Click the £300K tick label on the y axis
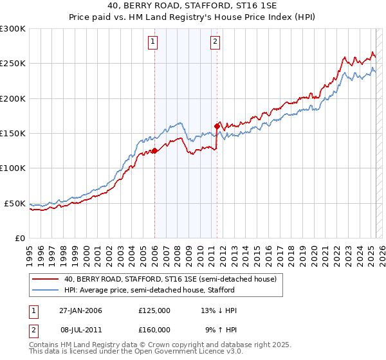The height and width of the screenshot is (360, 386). coord(13,29)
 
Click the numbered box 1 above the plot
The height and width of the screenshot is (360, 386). coord(154,42)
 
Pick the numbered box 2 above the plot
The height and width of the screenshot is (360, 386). coord(215,42)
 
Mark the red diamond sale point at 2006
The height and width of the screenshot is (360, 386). coord(154,151)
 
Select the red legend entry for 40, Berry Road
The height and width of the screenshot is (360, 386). coord(170,279)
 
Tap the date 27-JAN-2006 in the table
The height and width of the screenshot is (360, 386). coord(80,310)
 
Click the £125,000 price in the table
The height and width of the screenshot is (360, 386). coord(154,310)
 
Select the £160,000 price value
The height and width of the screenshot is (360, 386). coord(154,329)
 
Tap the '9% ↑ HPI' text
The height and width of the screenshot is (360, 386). coord(221,329)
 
